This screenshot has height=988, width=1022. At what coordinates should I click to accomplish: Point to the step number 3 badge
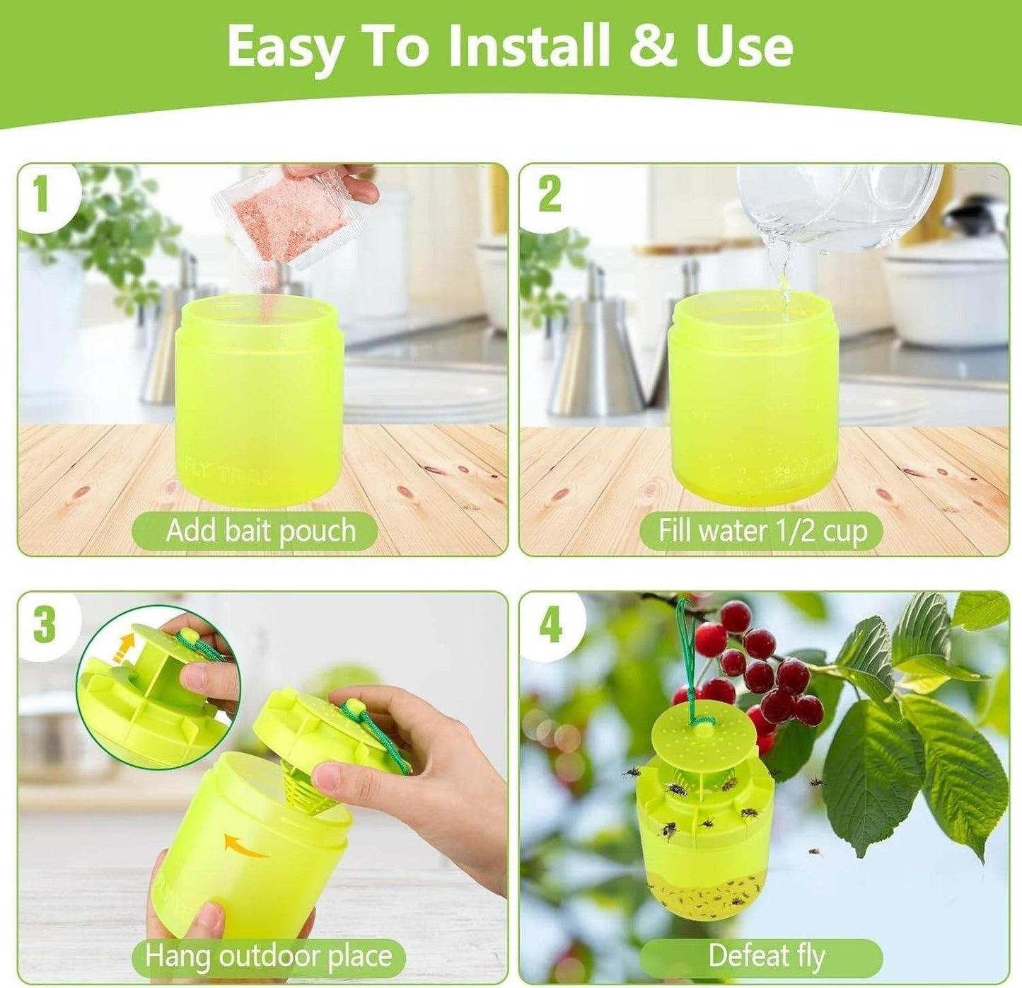[x=44, y=624]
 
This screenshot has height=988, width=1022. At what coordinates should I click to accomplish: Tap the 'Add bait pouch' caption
[x=260, y=531]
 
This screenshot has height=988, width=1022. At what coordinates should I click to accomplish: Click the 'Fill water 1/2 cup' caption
[x=762, y=531]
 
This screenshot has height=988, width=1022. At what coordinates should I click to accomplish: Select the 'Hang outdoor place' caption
[x=268, y=956]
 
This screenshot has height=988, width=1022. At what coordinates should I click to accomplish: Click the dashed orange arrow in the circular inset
[x=125, y=647]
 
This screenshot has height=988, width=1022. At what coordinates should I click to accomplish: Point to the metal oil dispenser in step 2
[x=596, y=354]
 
